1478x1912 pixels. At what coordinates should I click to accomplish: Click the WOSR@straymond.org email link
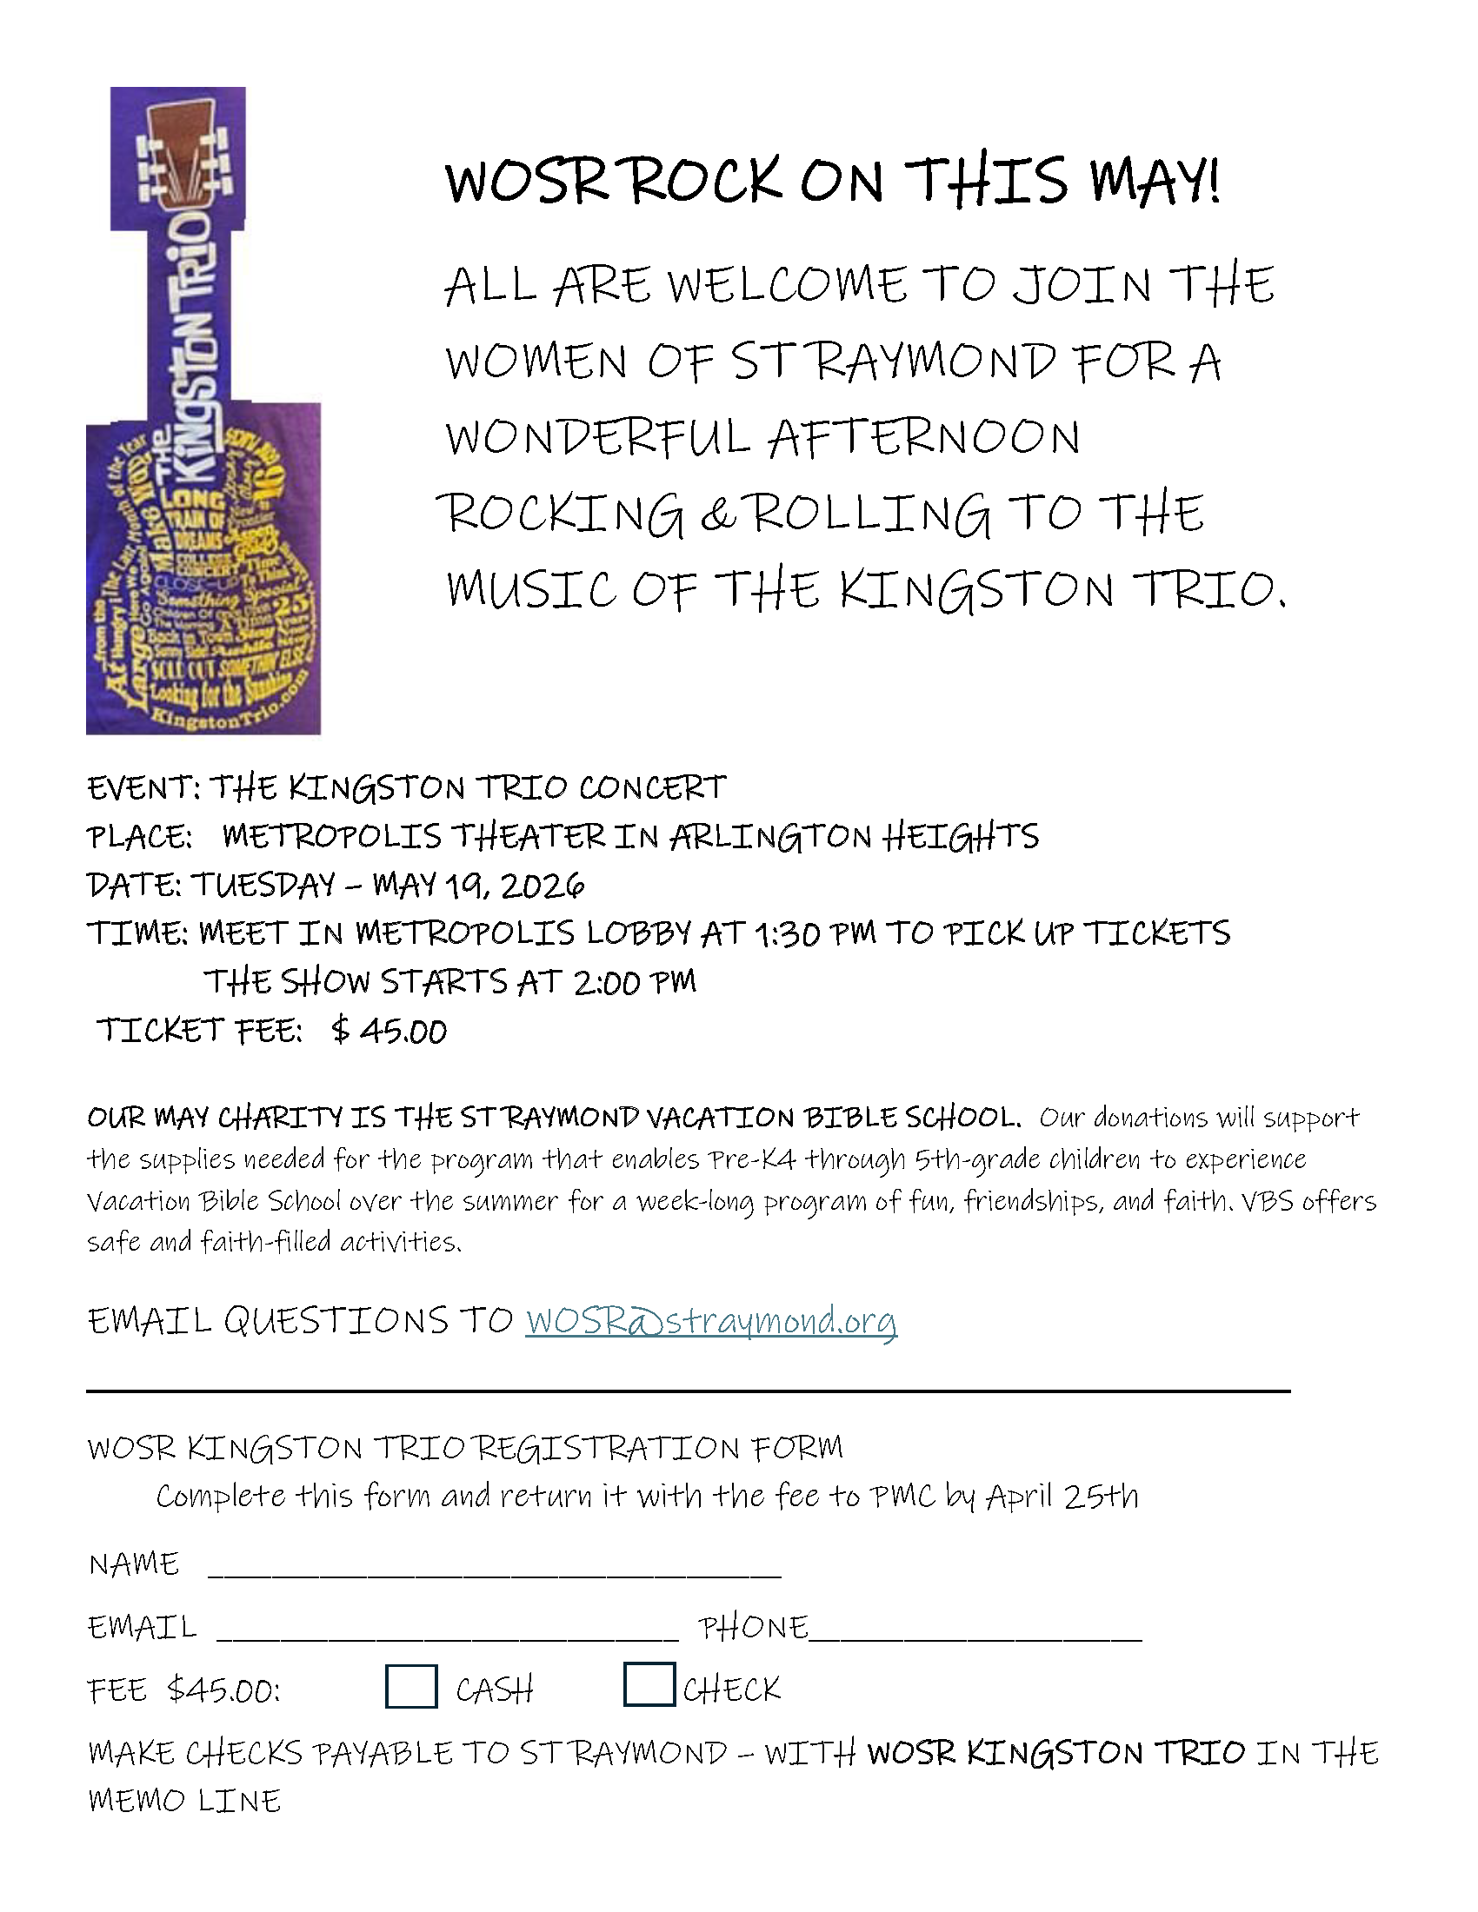pos(711,1320)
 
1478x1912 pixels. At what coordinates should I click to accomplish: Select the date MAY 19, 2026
pos(478,885)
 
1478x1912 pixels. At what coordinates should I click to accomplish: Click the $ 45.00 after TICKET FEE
pos(389,1032)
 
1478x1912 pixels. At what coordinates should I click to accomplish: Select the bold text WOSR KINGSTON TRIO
pos(1056,1753)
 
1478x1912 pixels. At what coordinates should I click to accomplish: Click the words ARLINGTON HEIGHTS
pos(855,837)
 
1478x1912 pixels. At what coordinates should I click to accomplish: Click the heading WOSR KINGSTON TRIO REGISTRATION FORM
pos(465,1447)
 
